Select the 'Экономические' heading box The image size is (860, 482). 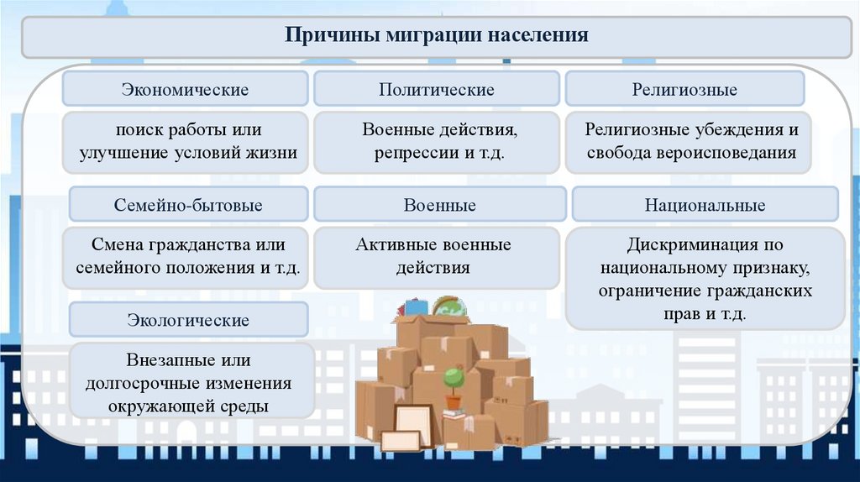(x=185, y=88)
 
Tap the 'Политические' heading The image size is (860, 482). (x=436, y=88)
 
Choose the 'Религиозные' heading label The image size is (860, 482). (x=684, y=88)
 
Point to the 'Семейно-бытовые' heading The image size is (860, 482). (x=188, y=205)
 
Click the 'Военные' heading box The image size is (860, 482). (x=439, y=205)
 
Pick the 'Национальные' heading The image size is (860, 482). (x=705, y=205)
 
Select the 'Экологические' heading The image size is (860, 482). (x=188, y=320)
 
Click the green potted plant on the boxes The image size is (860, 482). (x=454, y=379)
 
